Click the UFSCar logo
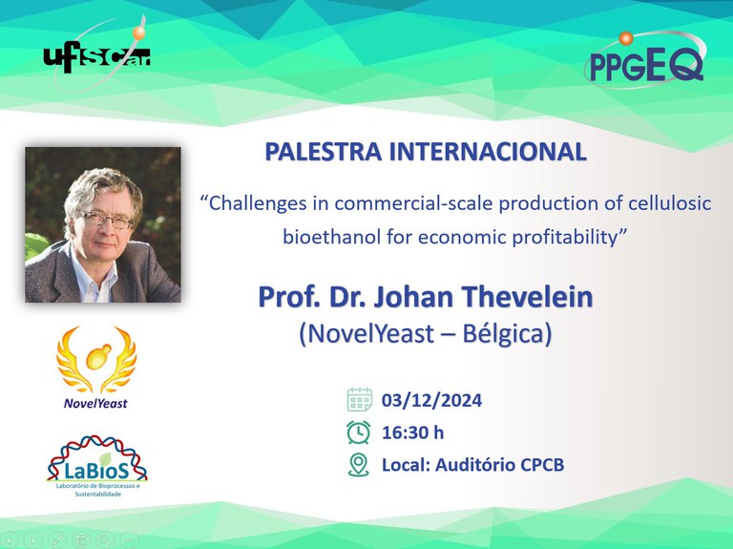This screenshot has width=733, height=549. [x=96, y=57]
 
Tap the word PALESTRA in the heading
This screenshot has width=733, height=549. [x=323, y=152]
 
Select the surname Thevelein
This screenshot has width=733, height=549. [x=527, y=297]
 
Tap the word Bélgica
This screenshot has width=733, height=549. [x=507, y=334]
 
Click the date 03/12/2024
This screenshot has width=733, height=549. [x=431, y=400]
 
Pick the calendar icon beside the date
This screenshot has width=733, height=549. [x=360, y=399]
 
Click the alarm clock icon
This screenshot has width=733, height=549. [x=359, y=433]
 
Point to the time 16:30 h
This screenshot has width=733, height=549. [x=412, y=433]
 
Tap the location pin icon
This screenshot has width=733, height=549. [x=359, y=465]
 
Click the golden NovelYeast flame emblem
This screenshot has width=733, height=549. [x=96, y=359]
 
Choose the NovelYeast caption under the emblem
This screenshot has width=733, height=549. [x=95, y=404]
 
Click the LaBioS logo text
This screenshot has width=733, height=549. [x=96, y=471]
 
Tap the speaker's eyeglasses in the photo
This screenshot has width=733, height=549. [x=105, y=219]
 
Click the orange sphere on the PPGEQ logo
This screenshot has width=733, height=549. [x=626, y=38]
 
